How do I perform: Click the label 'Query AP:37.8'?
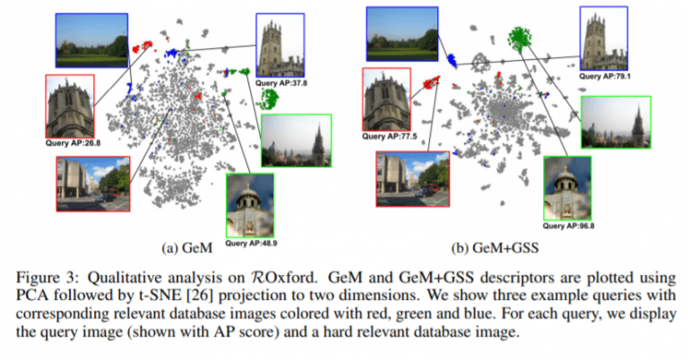pyautogui.click(x=280, y=83)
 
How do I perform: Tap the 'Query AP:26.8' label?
pyautogui.click(x=73, y=143)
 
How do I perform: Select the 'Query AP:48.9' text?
pyautogui.click(x=251, y=243)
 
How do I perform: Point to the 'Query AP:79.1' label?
pyautogui.click(x=605, y=76)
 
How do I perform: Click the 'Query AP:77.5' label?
pyautogui.click(x=389, y=136)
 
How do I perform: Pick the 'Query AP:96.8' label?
pyautogui.click(x=568, y=226)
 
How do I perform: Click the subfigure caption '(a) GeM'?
pyautogui.click(x=187, y=248)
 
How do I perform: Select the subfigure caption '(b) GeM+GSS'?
pyautogui.click(x=494, y=248)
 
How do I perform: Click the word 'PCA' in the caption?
pyautogui.click(x=30, y=296)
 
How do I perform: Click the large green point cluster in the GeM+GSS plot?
pyautogui.click(x=520, y=37)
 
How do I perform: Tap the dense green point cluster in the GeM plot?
pyautogui.click(x=268, y=99)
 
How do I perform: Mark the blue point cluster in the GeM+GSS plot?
pyautogui.click(x=451, y=60)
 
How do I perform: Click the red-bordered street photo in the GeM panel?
pyautogui.click(x=93, y=184)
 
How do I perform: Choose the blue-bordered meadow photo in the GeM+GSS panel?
pyautogui.click(x=402, y=34)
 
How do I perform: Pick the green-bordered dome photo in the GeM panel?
pyautogui.click(x=250, y=205)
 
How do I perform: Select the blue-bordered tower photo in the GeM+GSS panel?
pyautogui.click(x=604, y=39)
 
